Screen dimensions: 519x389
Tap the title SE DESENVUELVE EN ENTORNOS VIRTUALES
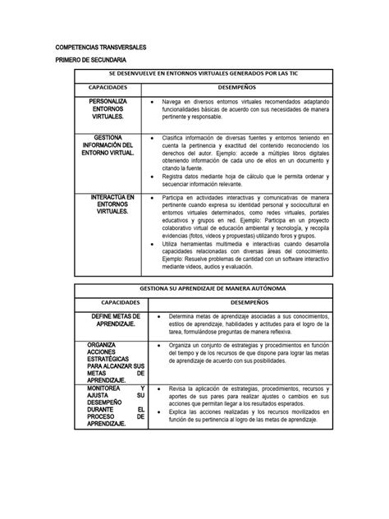[x=202, y=75]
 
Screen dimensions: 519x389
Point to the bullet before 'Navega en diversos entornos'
[x=153, y=102]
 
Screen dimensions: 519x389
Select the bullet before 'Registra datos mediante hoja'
[x=153, y=177]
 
